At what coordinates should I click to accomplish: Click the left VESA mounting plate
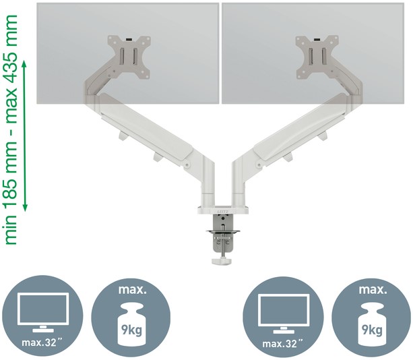(129, 57)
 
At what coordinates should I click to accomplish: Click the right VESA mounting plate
(317, 57)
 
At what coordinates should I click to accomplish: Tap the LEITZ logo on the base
(223, 212)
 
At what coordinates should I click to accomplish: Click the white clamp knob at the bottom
(222, 262)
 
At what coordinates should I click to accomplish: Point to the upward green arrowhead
(25, 64)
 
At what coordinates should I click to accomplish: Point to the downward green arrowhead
(25, 207)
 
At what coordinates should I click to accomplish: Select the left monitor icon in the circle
(43, 312)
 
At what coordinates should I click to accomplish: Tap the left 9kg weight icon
(131, 325)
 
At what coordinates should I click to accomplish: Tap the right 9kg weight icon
(372, 325)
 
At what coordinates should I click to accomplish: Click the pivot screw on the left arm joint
(187, 165)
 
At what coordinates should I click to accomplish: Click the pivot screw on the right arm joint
(259, 165)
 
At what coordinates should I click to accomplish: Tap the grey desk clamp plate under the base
(223, 232)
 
